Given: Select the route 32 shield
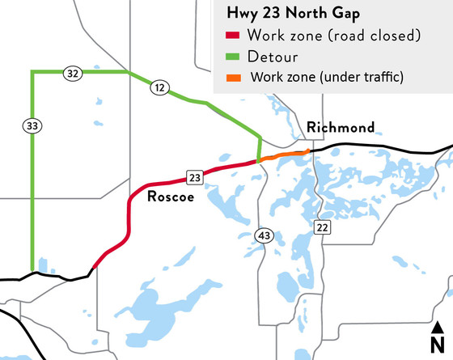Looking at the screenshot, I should click(74, 74).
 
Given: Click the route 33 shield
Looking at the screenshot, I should click(33, 125).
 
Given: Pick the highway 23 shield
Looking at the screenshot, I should click(194, 177).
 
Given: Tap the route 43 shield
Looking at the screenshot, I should click(264, 235).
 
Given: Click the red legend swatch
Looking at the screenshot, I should click(233, 36).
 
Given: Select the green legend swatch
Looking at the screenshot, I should click(233, 57).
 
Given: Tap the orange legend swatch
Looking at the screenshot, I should click(233, 78).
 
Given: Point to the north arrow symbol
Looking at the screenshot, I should click(438, 328).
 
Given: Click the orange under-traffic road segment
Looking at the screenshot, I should click(284, 155).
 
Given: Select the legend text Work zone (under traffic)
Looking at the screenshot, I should click(328, 78).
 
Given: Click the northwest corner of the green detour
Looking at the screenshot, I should click(32, 72).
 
